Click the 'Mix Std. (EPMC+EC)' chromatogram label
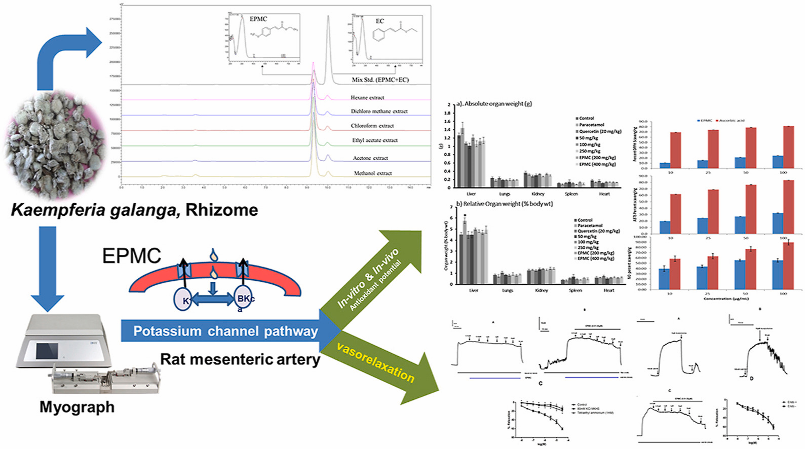pyautogui.click(x=380, y=80)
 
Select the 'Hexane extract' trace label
pyautogui.click(x=367, y=97)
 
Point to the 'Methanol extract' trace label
pyautogui.click(x=373, y=173)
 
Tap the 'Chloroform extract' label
pyautogui.click(x=372, y=126)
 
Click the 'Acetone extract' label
pyautogui.click(x=370, y=158)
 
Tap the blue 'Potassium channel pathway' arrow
pyautogui.click(x=225, y=331)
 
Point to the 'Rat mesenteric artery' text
pyautogui.click(x=240, y=359)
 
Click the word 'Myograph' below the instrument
pyautogui.click(x=77, y=407)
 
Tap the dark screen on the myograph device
pyautogui.click(x=47, y=350)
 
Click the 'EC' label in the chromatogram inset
pyautogui.click(x=380, y=21)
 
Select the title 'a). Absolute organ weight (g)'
pyautogui.click(x=494, y=104)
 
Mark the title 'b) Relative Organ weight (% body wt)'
pyautogui.click(x=504, y=204)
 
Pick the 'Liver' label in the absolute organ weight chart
pyautogui.click(x=471, y=194)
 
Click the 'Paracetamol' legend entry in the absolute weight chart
pyautogui.click(x=591, y=125)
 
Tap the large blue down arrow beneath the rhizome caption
pyautogui.click(x=48, y=269)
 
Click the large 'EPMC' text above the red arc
pyautogui.click(x=132, y=256)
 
